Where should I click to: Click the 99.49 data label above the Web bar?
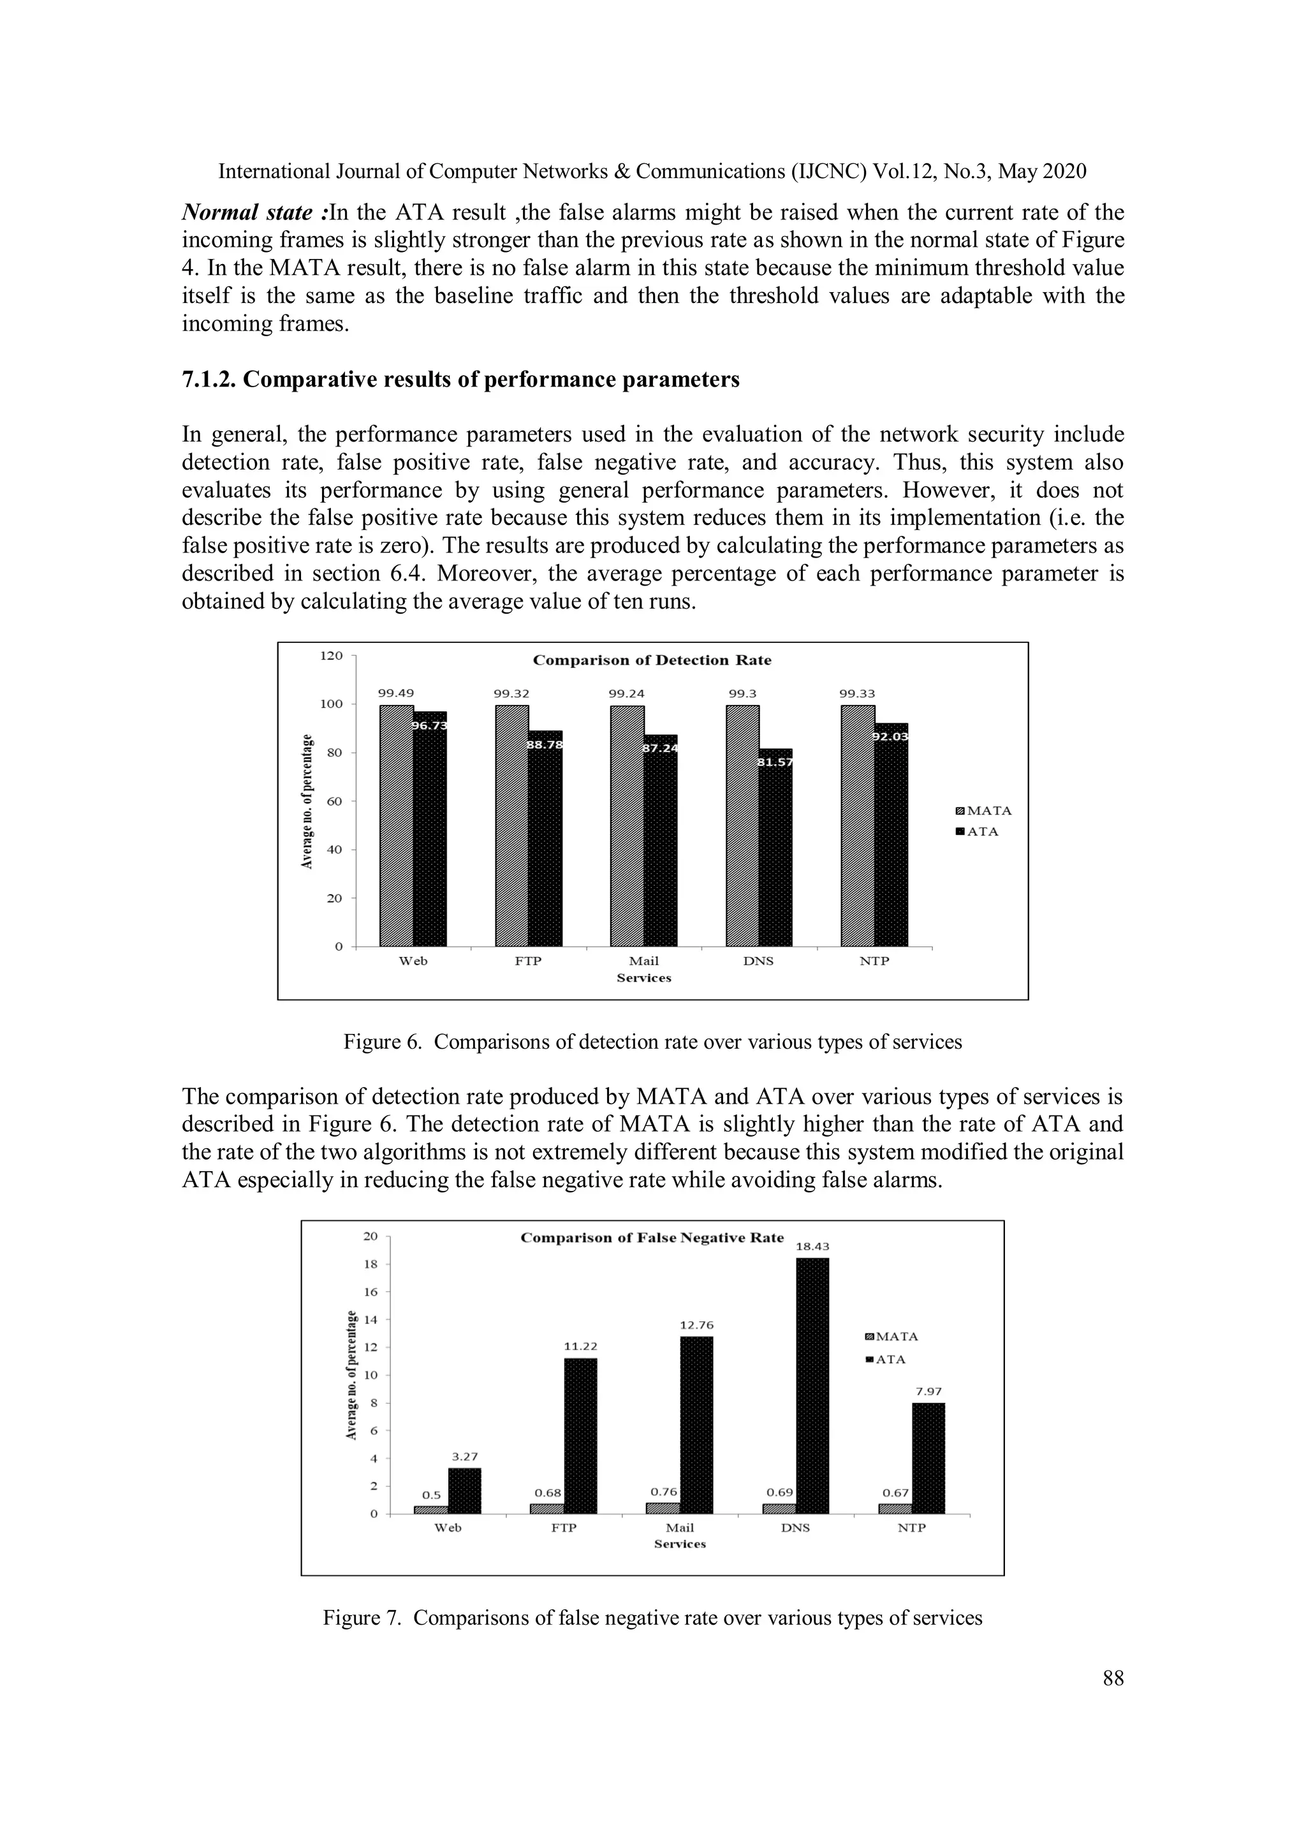[396, 693]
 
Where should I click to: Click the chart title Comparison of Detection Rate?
[652, 660]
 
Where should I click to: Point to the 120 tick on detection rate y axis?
[332, 655]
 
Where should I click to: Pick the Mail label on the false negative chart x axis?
[680, 1528]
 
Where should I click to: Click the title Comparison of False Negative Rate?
[652, 1238]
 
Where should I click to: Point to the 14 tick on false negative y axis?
[371, 1320]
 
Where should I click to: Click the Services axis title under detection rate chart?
[643, 978]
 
